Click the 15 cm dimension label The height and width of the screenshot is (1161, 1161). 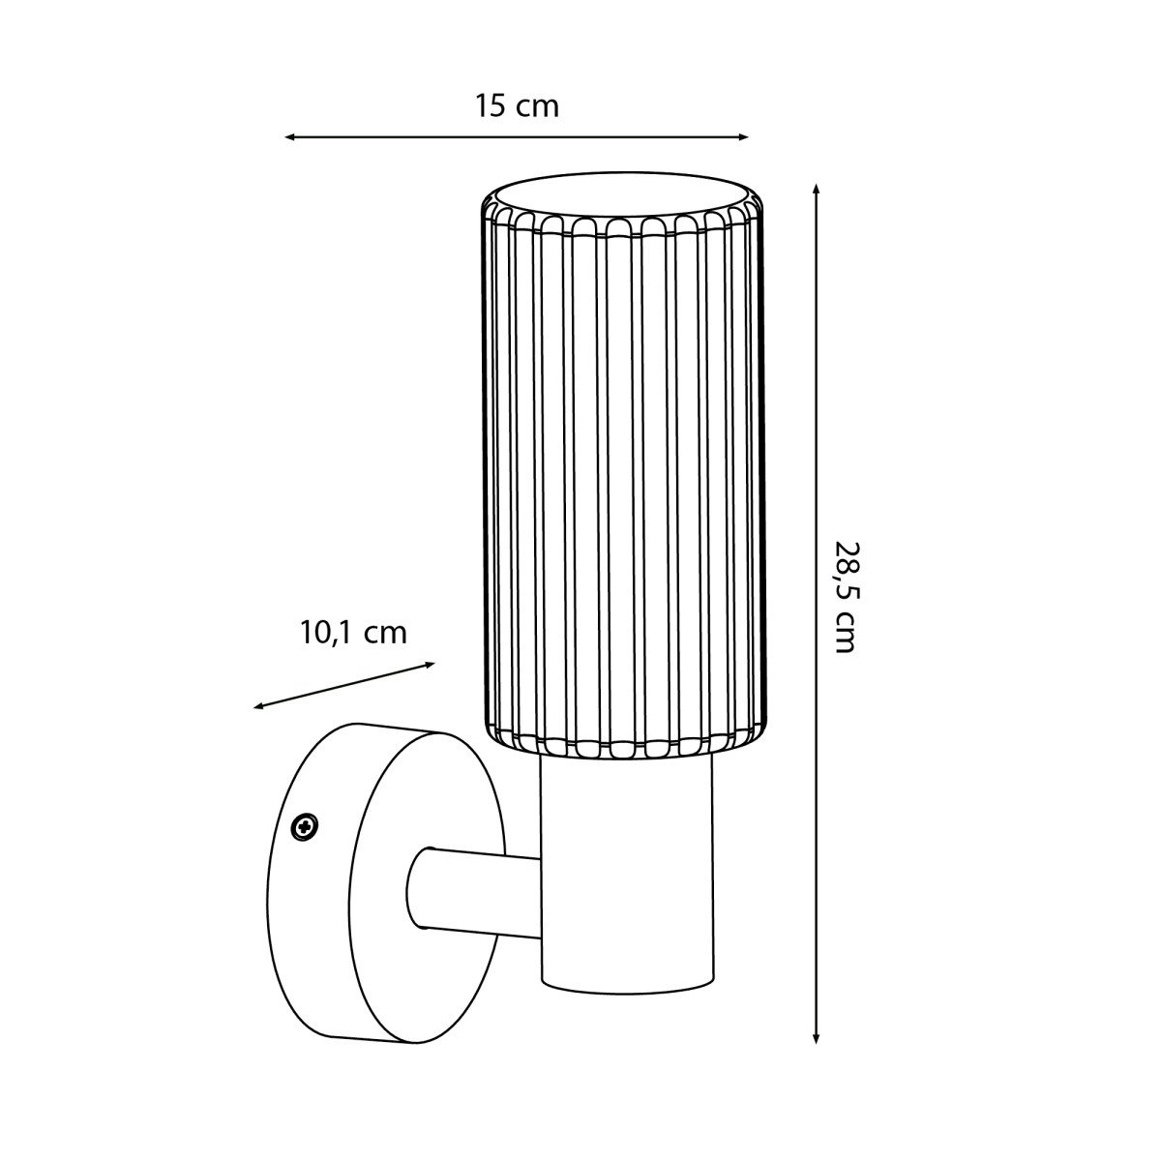(x=517, y=105)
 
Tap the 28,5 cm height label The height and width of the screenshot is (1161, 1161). (x=844, y=597)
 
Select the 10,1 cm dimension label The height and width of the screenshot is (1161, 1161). (x=353, y=633)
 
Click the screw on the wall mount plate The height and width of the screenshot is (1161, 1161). (x=304, y=825)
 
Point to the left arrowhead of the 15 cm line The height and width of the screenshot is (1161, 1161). (x=289, y=137)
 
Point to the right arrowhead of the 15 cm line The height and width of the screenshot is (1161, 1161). (x=743, y=137)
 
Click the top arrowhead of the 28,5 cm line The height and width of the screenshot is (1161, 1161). (x=816, y=189)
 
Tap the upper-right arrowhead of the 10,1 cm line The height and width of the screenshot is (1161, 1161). (x=430, y=665)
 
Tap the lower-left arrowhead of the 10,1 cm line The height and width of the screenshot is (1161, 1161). (x=258, y=706)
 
